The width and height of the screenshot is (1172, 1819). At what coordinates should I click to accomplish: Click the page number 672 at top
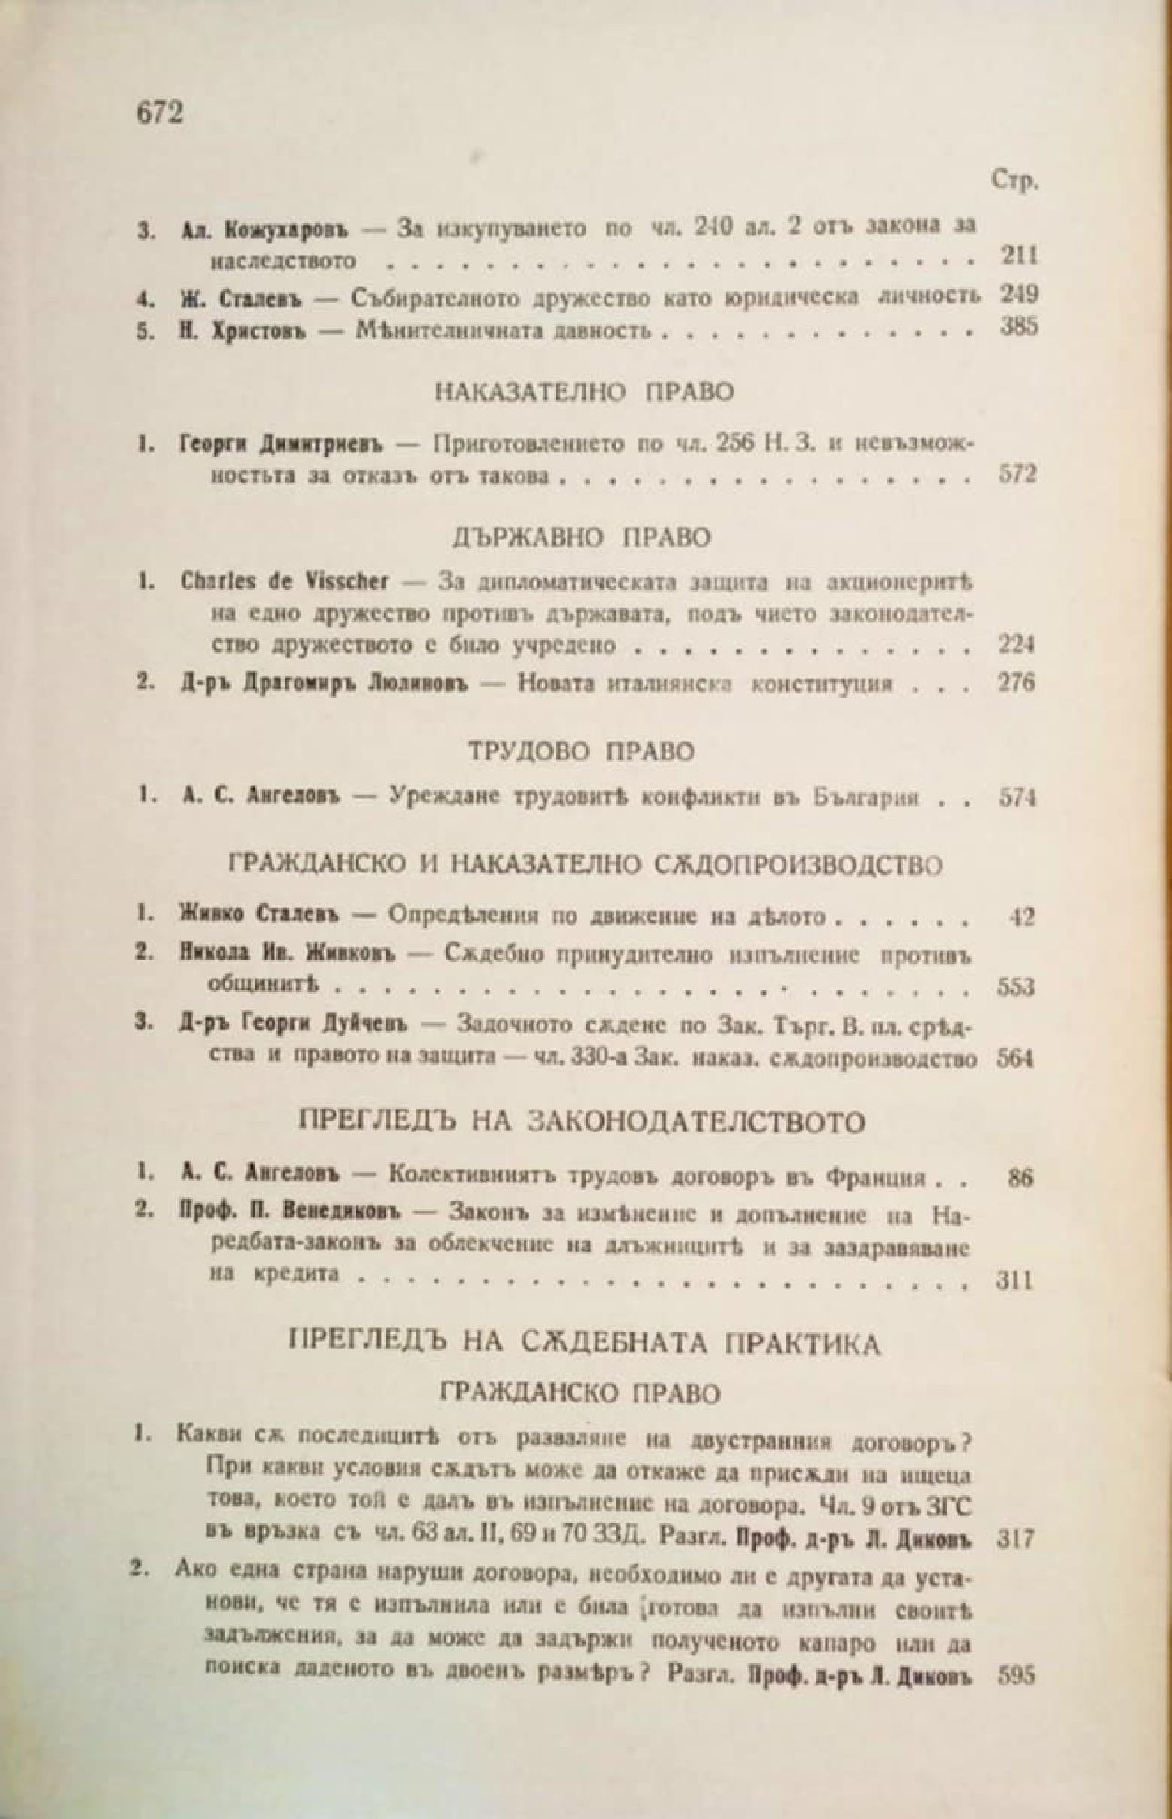point(159,113)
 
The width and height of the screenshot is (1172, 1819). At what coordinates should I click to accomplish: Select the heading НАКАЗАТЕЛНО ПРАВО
point(584,393)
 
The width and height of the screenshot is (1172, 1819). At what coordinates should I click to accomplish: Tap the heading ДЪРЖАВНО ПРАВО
point(581,537)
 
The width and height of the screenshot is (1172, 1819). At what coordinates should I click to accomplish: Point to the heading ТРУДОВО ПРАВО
point(582,751)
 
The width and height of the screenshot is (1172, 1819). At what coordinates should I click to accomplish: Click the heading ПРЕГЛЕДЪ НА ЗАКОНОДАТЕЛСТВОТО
point(582,1122)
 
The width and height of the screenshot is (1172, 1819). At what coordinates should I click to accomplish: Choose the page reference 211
point(1018,256)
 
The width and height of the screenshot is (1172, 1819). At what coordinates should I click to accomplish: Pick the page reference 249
point(1018,295)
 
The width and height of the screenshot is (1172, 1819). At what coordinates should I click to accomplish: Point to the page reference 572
point(1018,474)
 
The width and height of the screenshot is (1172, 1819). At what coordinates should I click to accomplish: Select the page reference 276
point(1017,683)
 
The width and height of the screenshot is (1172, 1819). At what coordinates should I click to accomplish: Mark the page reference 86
point(1022,1179)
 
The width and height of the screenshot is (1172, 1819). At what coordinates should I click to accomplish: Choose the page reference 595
point(1017,1676)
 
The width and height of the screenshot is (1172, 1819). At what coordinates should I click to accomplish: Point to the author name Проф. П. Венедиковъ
point(296,1213)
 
